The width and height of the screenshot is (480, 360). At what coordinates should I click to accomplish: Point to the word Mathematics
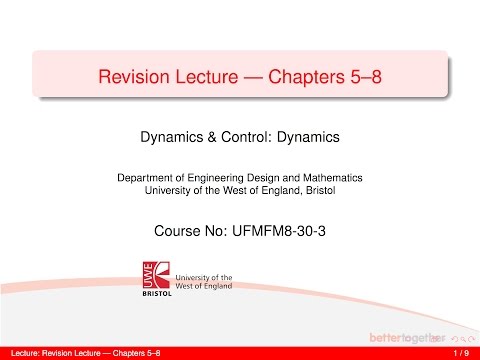[x=330, y=177]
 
